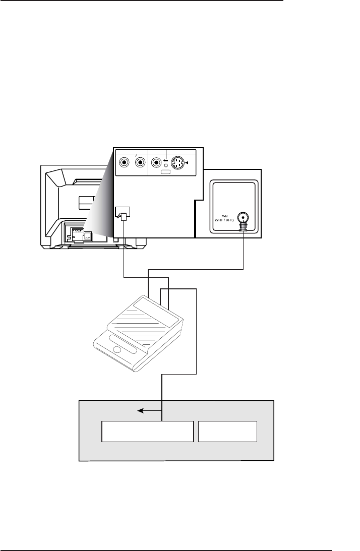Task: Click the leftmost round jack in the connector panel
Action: pos(123,163)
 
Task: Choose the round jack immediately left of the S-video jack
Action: pos(157,163)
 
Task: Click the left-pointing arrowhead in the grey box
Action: pos(141,411)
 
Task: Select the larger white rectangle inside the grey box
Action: pos(147,431)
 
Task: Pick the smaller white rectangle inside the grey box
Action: pos(228,431)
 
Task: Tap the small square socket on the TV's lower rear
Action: pos(87,234)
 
